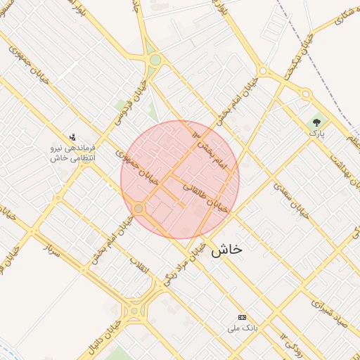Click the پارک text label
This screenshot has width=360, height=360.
coord(318,134)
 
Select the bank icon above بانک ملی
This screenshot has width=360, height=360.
coord(243,318)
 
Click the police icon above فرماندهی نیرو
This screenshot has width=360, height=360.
coord(72,137)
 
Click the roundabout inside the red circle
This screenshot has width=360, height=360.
coord(139,209)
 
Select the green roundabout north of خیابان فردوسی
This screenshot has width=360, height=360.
coord(154,60)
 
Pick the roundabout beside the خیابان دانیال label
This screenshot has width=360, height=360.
coord(135,309)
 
